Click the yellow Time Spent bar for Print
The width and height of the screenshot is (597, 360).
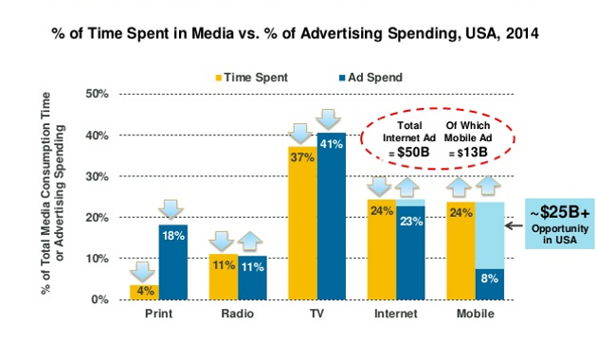(144, 292)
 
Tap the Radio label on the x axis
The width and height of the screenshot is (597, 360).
(238, 314)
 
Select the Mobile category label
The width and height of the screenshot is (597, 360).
(476, 314)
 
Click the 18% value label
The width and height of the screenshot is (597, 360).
(172, 237)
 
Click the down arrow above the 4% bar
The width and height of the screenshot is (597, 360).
(144, 271)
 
